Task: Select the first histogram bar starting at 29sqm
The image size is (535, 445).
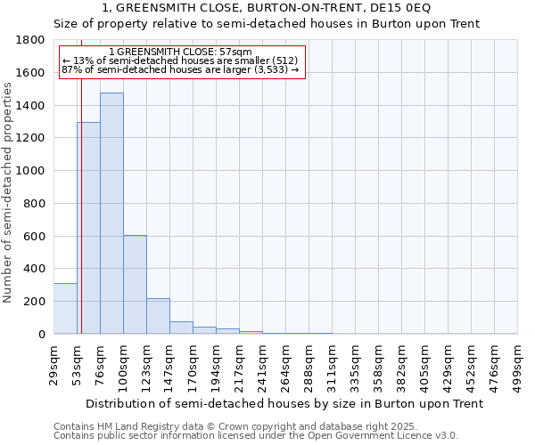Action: pos(65,308)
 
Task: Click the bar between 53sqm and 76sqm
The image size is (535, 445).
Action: pos(88,228)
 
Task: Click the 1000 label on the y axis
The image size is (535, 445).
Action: pos(33,171)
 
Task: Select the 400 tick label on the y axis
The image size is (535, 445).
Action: pos(37,269)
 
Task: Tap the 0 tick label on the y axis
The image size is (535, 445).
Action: pos(43,335)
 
